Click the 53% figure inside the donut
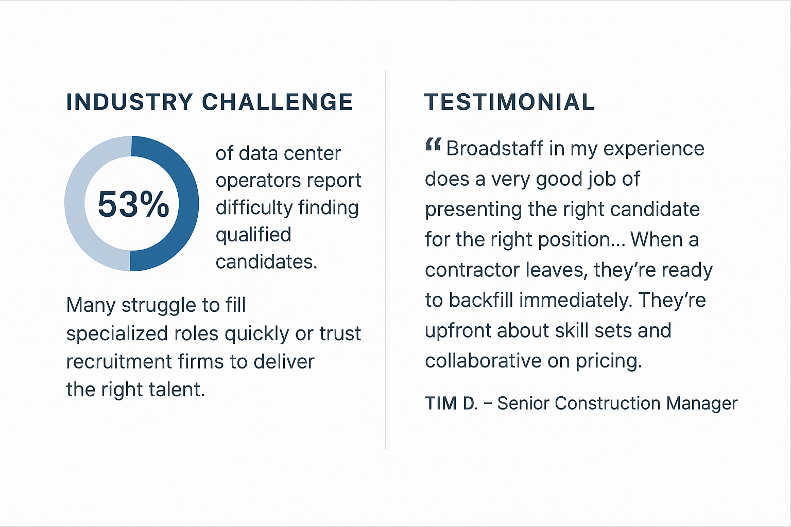(133, 204)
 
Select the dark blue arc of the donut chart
(188, 204)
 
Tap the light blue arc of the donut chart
(75, 204)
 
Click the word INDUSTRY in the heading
(130, 102)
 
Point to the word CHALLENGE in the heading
(277, 102)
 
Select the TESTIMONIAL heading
(509, 102)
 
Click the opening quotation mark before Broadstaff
(433, 145)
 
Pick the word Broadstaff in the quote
(495, 148)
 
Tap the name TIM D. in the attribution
(451, 403)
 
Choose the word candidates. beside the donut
(267, 262)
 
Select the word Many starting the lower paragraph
(91, 306)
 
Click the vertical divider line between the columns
(386, 259)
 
